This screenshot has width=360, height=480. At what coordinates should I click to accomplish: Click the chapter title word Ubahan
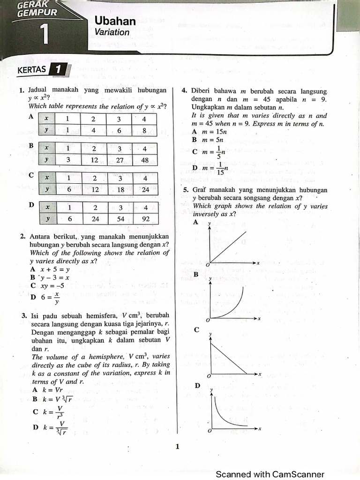click(115, 21)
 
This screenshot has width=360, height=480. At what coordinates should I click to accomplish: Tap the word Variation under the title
click(112, 32)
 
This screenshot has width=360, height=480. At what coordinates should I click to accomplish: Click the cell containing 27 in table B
click(119, 160)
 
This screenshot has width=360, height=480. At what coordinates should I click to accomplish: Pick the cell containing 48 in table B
click(145, 160)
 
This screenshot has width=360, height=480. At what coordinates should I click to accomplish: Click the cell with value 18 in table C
click(119, 189)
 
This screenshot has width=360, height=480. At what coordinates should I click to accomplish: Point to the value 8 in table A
click(144, 130)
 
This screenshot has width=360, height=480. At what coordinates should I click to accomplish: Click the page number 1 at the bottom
click(177, 446)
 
